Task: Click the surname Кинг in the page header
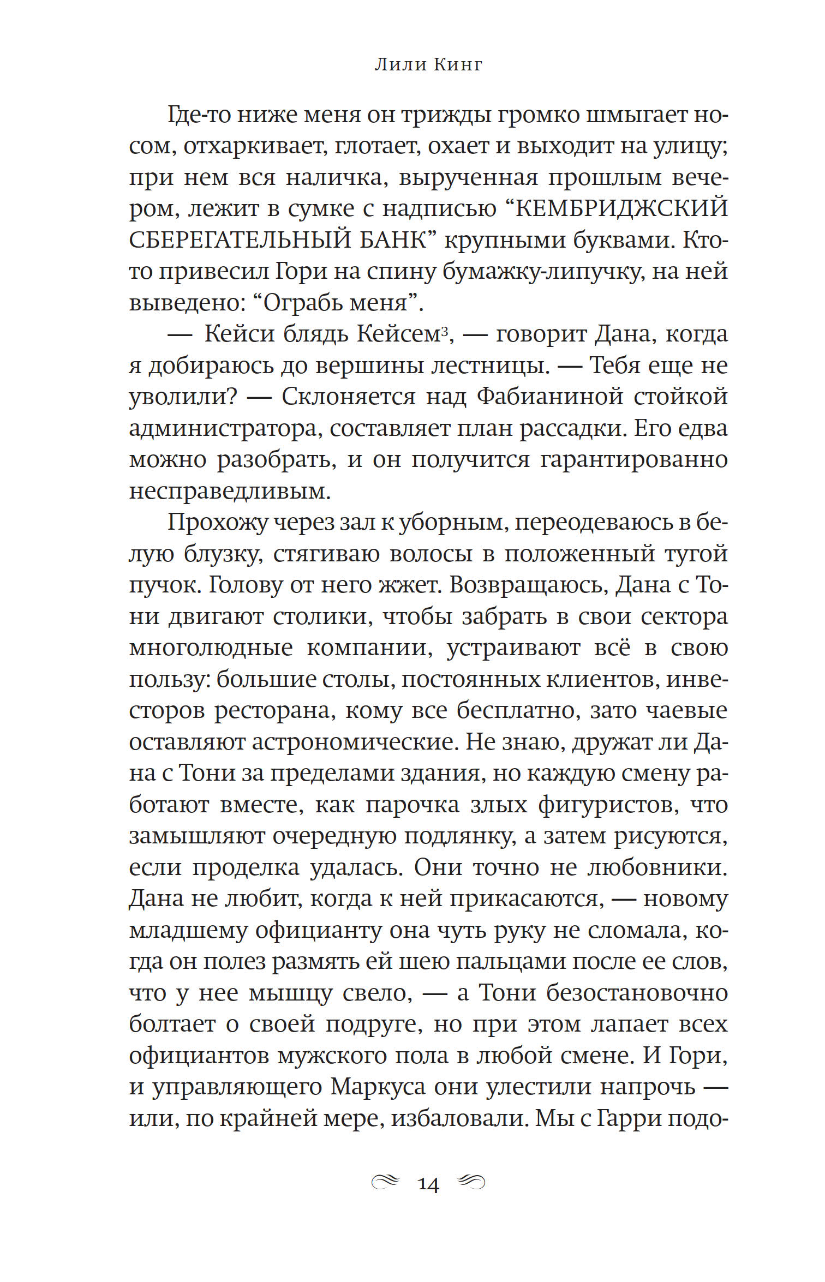click(458, 65)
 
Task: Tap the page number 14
click(428, 1184)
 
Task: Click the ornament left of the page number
click(385, 1182)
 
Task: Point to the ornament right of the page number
click(470, 1182)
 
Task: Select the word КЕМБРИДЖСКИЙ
click(621, 208)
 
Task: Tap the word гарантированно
click(634, 459)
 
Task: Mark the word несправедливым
click(230, 491)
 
